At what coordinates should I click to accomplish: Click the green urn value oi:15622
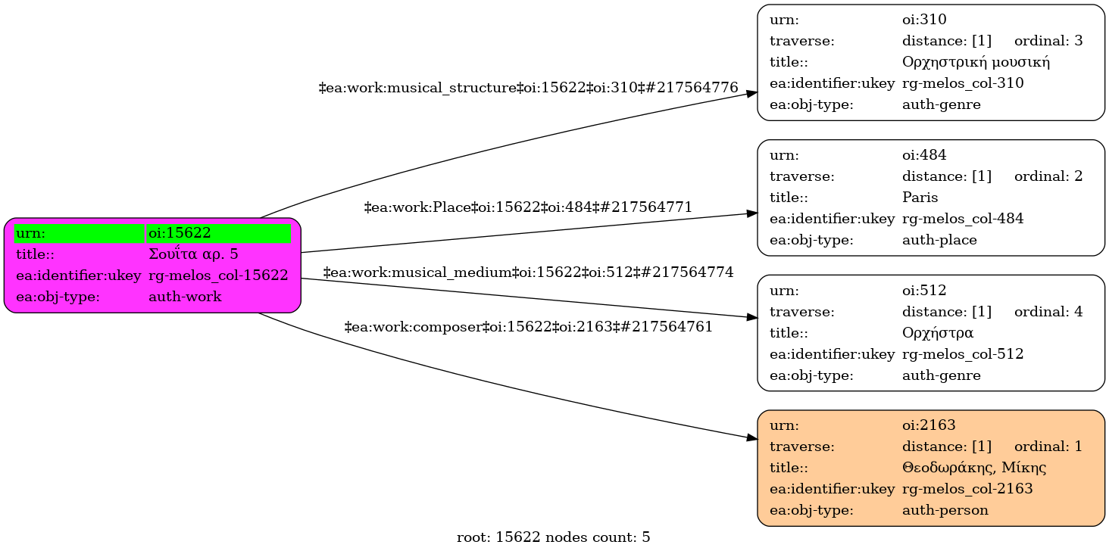pyautogui.click(x=180, y=233)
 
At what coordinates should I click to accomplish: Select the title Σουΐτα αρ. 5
pyautogui.click(x=193, y=254)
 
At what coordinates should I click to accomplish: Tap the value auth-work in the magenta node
pyautogui.click(x=185, y=297)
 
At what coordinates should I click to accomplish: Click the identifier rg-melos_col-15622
pyautogui.click(x=218, y=275)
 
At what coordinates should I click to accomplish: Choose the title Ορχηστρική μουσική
pyautogui.click(x=976, y=62)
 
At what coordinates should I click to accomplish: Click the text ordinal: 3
pyautogui.click(x=1048, y=41)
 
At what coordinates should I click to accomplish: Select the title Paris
pyautogui.click(x=920, y=198)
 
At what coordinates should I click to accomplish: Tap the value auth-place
pyautogui.click(x=939, y=240)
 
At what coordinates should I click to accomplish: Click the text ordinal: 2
pyautogui.click(x=1048, y=176)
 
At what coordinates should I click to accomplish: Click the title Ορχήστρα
pyautogui.click(x=938, y=333)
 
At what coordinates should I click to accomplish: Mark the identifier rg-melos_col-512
pyautogui.click(x=963, y=354)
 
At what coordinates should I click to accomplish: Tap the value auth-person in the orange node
pyautogui.click(x=945, y=510)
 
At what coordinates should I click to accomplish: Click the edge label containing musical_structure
pyautogui.click(x=529, y=89)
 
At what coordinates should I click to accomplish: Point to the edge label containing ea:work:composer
pyautogui.click(x=529, y=327)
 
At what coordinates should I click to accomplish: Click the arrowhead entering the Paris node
pyautogui.click(x=751, y=213)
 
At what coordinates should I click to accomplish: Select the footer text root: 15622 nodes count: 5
pyautogui.click(x=554, y=538)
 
